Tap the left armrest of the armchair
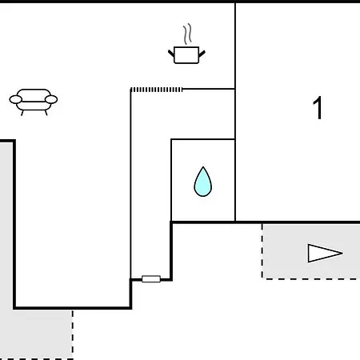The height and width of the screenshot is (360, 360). tap(15, 99)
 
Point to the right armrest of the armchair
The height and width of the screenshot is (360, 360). tap(51, 99)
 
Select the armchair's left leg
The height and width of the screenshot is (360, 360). tap(22, 113)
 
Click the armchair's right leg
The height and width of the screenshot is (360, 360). tap(46, 113)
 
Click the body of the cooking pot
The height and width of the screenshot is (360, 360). tap(186, 55)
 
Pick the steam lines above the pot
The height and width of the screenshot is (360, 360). tap(187, 34)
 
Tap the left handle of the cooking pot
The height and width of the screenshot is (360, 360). tap(171, 53)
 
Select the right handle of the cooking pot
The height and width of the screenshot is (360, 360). tap(202, 54)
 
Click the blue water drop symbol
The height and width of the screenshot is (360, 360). tap(203, 182)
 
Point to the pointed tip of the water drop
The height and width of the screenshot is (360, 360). tap(203, 167)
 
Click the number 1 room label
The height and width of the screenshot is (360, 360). tap(318, 108)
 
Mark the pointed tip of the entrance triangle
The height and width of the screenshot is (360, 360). tap(342, 253)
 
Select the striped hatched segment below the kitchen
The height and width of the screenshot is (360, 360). tap(157, 90)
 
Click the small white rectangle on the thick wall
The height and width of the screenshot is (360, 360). tap(151, 279)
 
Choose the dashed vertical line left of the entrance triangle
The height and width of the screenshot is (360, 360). tap(262, 250)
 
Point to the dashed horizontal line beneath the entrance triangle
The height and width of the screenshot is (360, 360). tap(311, 279)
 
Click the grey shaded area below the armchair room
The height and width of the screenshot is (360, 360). tap(36, 334)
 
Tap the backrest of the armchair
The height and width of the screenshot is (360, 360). tap(34, 94)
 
